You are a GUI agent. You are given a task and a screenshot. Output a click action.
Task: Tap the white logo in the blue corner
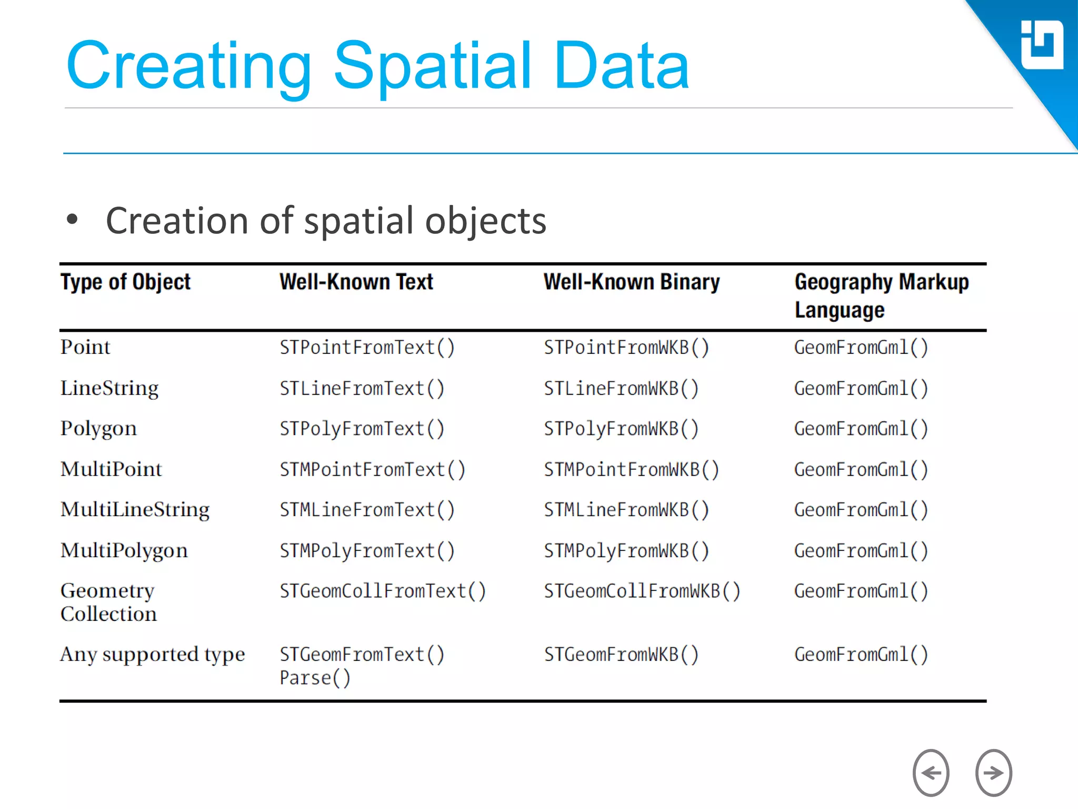click(x=1041, y=45)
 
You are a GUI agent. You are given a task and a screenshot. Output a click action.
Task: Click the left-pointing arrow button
click(x=931, y=773)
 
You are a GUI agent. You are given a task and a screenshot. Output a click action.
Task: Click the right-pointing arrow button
click(x=993, y=773)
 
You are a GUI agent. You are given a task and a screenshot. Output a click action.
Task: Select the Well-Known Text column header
click(x=356, y=282)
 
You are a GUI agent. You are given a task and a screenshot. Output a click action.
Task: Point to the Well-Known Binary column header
click(x=631, y=282)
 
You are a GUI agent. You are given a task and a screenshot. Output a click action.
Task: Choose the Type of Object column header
click(x=125, y=282)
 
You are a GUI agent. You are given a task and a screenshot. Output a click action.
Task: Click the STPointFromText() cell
click(x=367, y=348)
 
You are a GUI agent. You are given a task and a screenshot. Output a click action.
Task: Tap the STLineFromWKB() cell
click(x=621, y=389)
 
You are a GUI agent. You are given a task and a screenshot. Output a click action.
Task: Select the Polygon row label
click(x=98, y=429)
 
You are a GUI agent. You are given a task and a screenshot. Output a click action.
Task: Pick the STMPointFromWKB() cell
click(x=631, y=470)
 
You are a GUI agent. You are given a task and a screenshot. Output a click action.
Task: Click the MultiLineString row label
click(x=135, y=510)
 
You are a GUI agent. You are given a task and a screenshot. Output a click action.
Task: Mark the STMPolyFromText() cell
click(x=367, y=551)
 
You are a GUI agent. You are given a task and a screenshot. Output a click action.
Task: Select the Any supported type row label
click(x=153, y=655)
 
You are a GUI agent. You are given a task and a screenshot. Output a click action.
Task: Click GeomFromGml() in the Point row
click(x=861, y=348)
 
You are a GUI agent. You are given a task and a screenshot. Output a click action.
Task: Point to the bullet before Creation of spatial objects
click(x=72, y=219)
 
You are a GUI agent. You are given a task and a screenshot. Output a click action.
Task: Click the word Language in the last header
click(x=839, y=310)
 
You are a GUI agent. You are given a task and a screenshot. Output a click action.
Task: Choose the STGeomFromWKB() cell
click(x=621, y=655)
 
